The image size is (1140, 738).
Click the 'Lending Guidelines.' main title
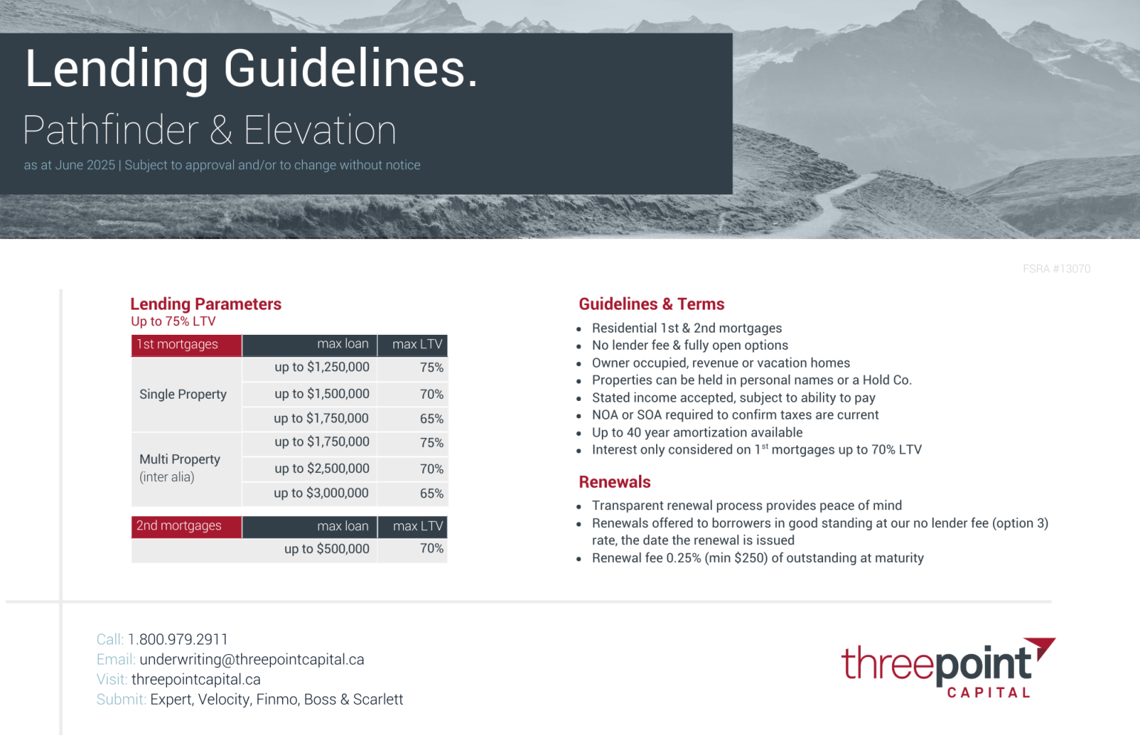click(251, 69)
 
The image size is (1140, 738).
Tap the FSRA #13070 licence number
click(1056, 269)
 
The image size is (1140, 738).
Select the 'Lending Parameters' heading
click(206, 304)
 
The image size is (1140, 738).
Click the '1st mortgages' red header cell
click(186, 344)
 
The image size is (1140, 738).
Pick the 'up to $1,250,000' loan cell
click(321, 367)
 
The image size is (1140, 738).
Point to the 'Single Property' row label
click(183, 394)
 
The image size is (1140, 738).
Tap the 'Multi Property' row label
click(180, 460)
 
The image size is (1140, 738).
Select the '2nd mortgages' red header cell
click(186, 526)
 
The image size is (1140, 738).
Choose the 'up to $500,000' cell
click(327, 549)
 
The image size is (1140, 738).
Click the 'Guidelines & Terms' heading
click(651, 304)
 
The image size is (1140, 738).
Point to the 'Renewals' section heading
click(615, 482)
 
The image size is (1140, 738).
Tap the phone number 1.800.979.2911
click(177, 639)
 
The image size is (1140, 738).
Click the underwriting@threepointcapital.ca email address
click(252, 659)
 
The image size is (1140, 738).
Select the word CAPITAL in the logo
click(989, 693)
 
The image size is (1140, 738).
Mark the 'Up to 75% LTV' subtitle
click(173, 321)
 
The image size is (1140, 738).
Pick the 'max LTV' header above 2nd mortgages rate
click(417, 526)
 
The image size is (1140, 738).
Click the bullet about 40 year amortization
click(697, 432)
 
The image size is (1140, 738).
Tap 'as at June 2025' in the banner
click(69, 165)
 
